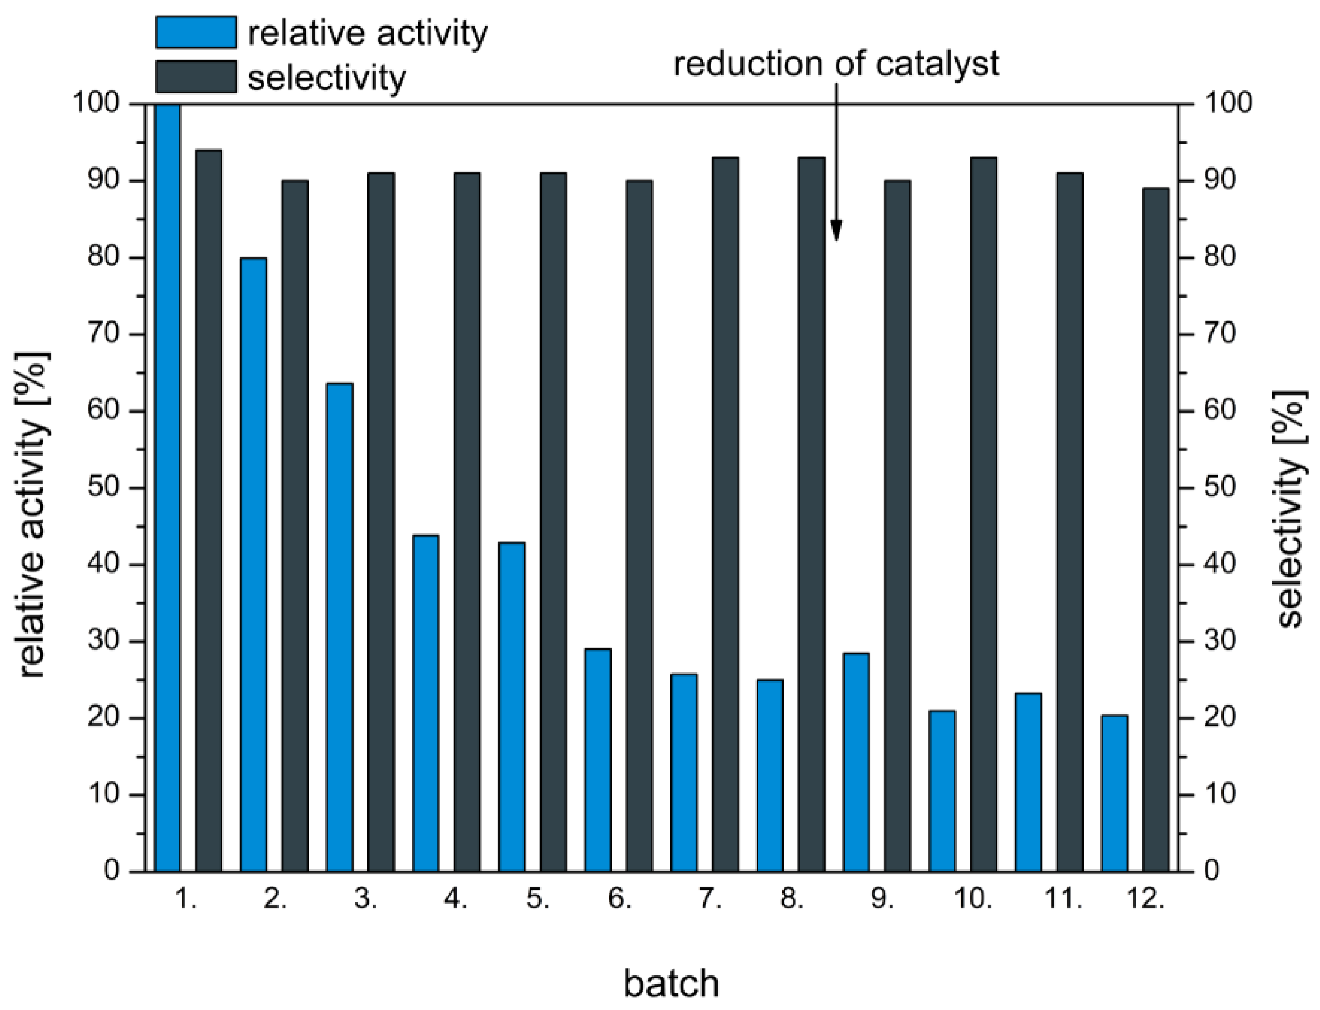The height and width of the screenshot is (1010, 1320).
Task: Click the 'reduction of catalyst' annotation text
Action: [836, 64]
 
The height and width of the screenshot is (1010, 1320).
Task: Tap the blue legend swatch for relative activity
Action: [195, 32]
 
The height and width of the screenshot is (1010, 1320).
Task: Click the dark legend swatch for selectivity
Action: [195, 76]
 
